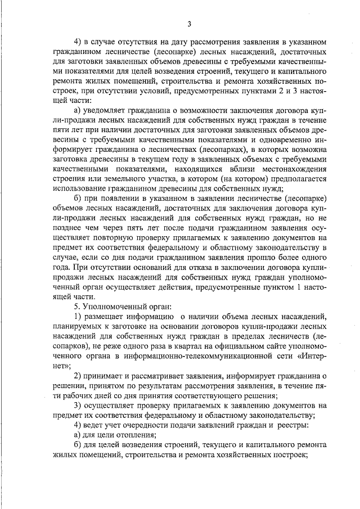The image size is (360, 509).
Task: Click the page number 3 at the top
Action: (190, 24)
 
